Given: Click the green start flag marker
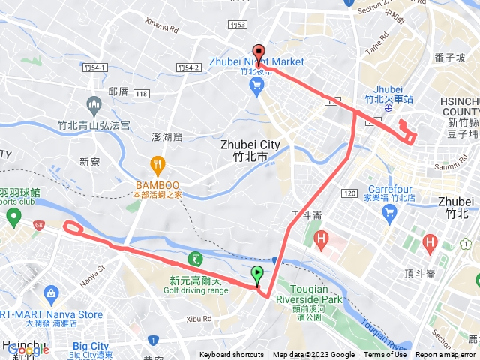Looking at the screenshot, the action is [x=258, y=275].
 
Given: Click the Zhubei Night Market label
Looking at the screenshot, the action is [x=257, y=61].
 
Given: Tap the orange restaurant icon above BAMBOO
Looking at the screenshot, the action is [x=157, y=163].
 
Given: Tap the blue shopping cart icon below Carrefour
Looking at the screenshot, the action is [x=388, y=215].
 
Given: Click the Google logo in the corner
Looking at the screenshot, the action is [x=27, y=349].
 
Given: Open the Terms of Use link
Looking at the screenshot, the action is [x=385, y=355].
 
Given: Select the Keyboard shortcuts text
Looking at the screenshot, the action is [x=232, y=355].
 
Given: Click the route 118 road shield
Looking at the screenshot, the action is [x=142, y=93].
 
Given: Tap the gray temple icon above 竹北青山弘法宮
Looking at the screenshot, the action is [x=94, y=103].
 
